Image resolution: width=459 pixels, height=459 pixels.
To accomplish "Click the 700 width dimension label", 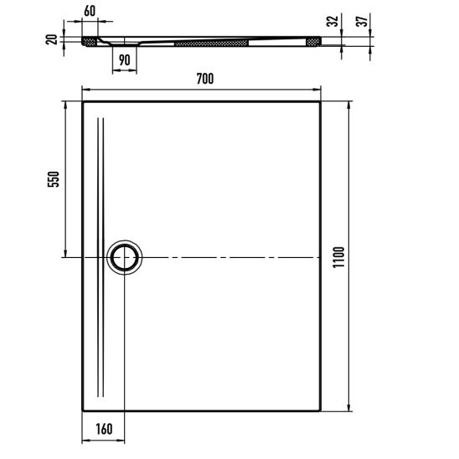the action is tap(205, 79).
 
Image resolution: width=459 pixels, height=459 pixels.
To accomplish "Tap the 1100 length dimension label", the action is tap(338, 257).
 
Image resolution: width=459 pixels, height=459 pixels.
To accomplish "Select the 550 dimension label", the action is tap(54, 179).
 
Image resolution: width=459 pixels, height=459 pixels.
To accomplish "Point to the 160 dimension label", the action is tap(104, 429).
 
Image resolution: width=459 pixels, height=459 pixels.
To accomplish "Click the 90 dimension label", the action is tap(125, 60).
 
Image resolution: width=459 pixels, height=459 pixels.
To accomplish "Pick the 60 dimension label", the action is tap(90, 11).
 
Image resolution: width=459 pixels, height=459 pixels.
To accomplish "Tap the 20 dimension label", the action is tap(52, 39).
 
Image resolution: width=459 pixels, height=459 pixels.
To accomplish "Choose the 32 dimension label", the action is tap(333, 21).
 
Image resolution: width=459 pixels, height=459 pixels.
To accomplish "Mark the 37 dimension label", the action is tap(362, 21).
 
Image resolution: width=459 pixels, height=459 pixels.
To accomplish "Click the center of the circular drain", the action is tap(125, 257).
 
